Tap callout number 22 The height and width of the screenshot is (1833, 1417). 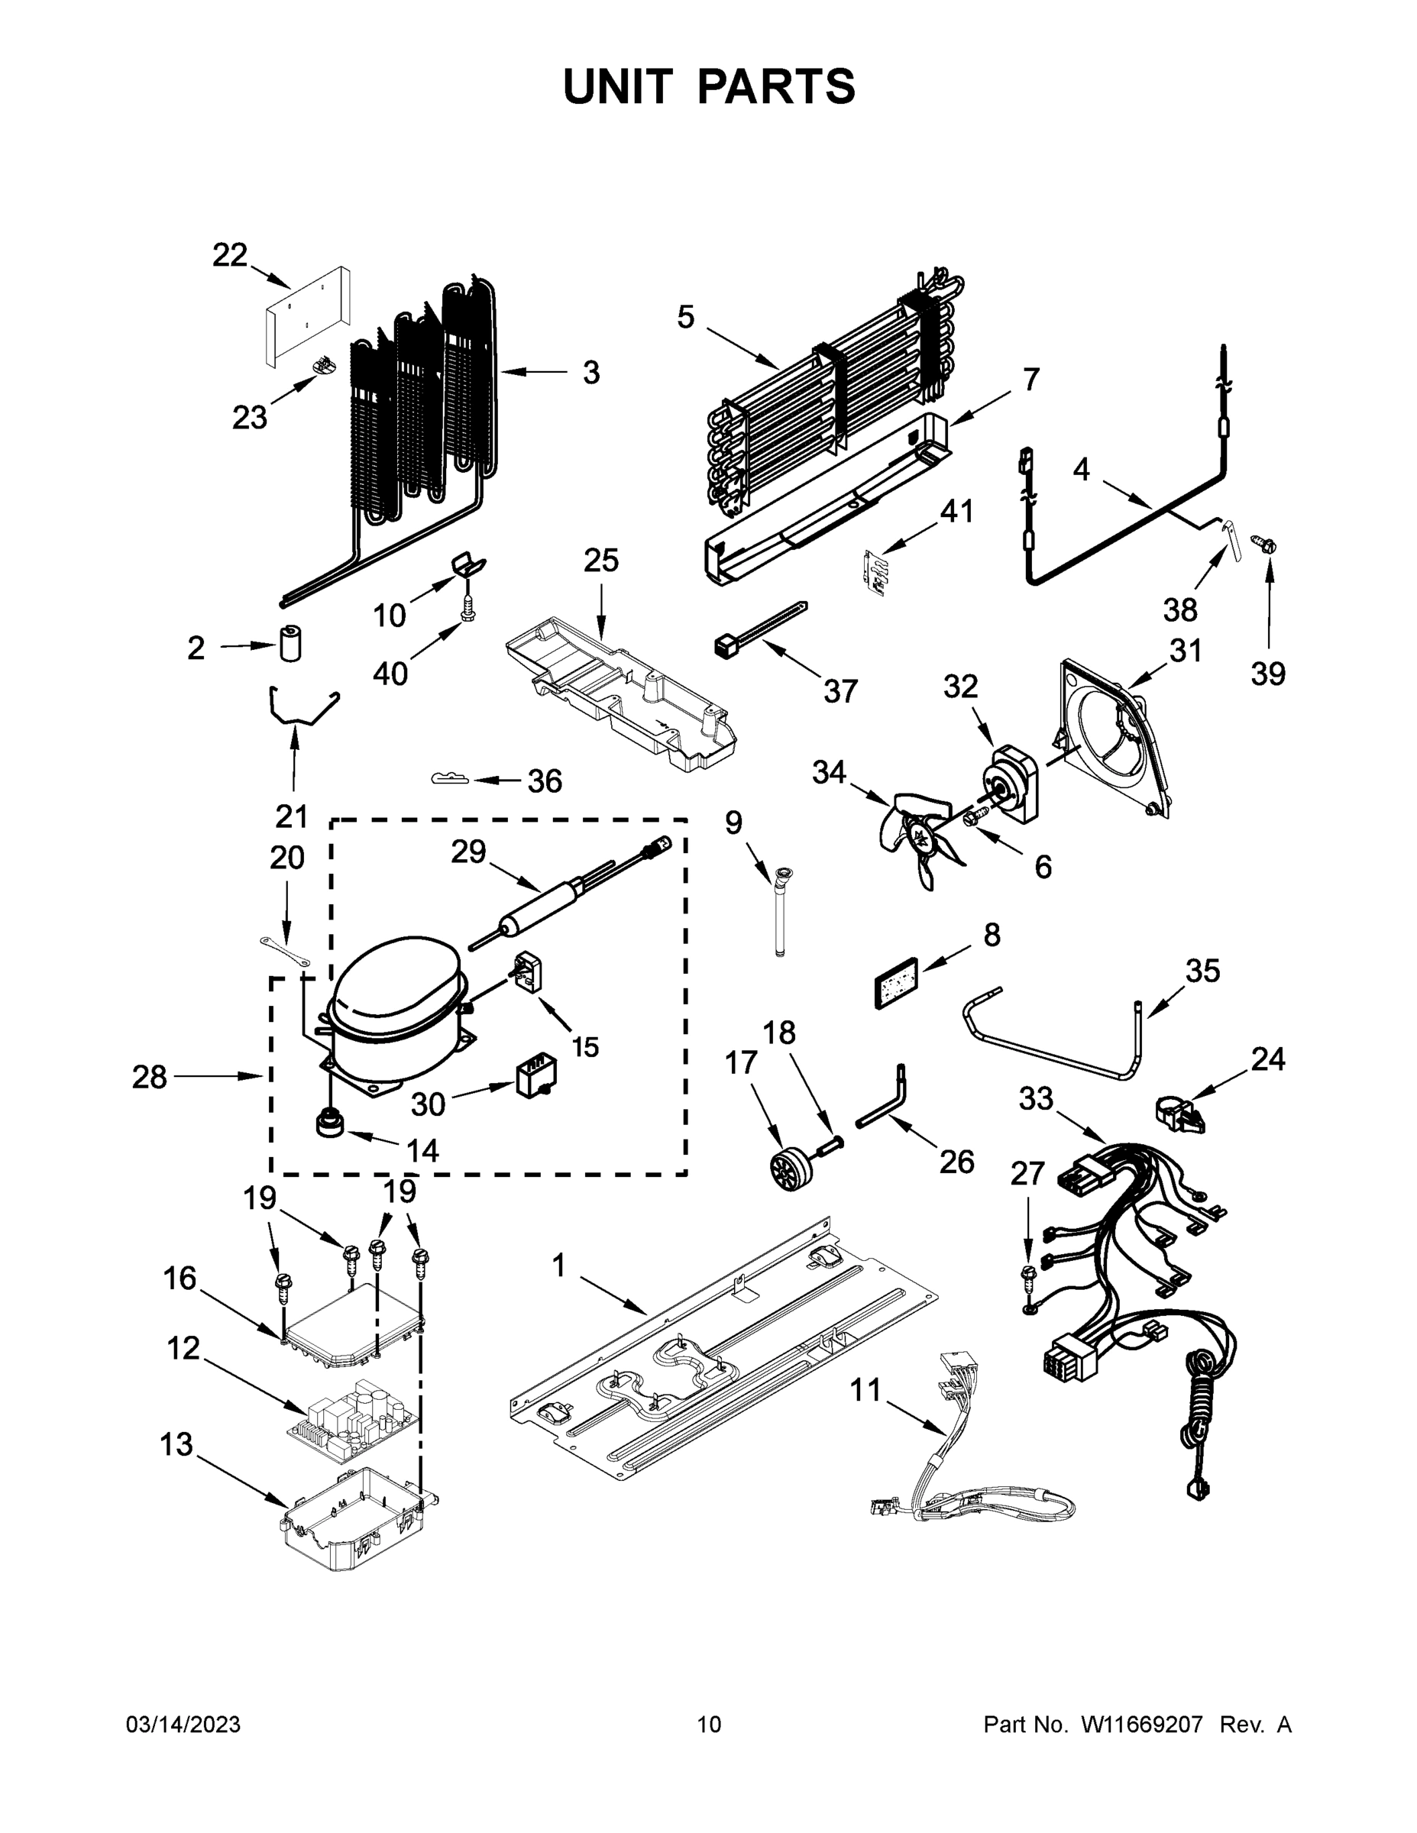230,254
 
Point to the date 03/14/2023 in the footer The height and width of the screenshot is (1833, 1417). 183,1725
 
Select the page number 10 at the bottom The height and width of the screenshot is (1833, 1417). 709,1725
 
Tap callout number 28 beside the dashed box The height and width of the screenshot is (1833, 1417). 150,1077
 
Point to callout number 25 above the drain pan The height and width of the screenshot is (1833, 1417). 601,560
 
